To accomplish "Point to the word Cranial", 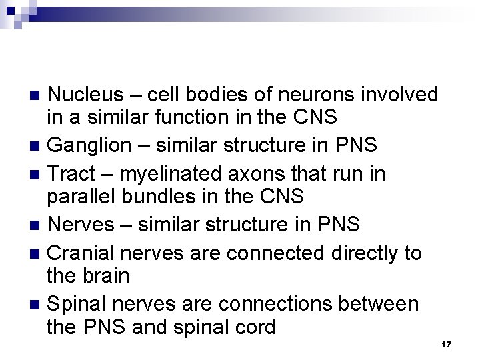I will coord(83,253).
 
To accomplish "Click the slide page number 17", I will coord(447,344).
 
